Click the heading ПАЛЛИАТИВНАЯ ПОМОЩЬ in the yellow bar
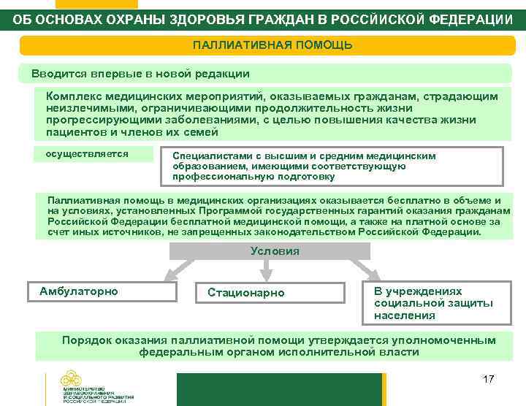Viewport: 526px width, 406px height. [x=272, y=45]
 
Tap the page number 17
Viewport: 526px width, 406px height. [x=489, y=379]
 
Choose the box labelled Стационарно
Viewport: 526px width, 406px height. [x=246, y=293]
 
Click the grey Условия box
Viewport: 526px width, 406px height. [x=275, y=251]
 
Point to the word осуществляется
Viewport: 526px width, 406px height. [x=87, y=154]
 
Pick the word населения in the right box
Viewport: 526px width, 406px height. [x=404, y=315]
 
